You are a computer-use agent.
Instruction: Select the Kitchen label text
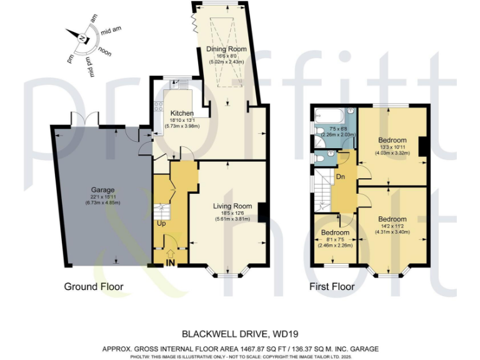(x=172, y=113)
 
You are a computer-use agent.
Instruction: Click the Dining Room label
(x=227, y=49)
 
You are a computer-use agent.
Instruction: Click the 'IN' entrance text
(x=170, y=263)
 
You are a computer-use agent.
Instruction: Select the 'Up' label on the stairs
(x=161, y=223)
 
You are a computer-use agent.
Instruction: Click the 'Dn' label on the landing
(x=341, y=177)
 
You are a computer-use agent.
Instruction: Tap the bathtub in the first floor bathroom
(x=327, y=115)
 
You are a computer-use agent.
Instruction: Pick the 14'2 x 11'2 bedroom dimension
(x=392, y=227)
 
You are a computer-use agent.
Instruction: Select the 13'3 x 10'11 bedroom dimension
(x=392, y=147)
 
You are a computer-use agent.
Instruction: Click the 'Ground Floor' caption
(x=94, y=287)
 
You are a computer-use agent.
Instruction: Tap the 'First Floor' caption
(x=332, y=287)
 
